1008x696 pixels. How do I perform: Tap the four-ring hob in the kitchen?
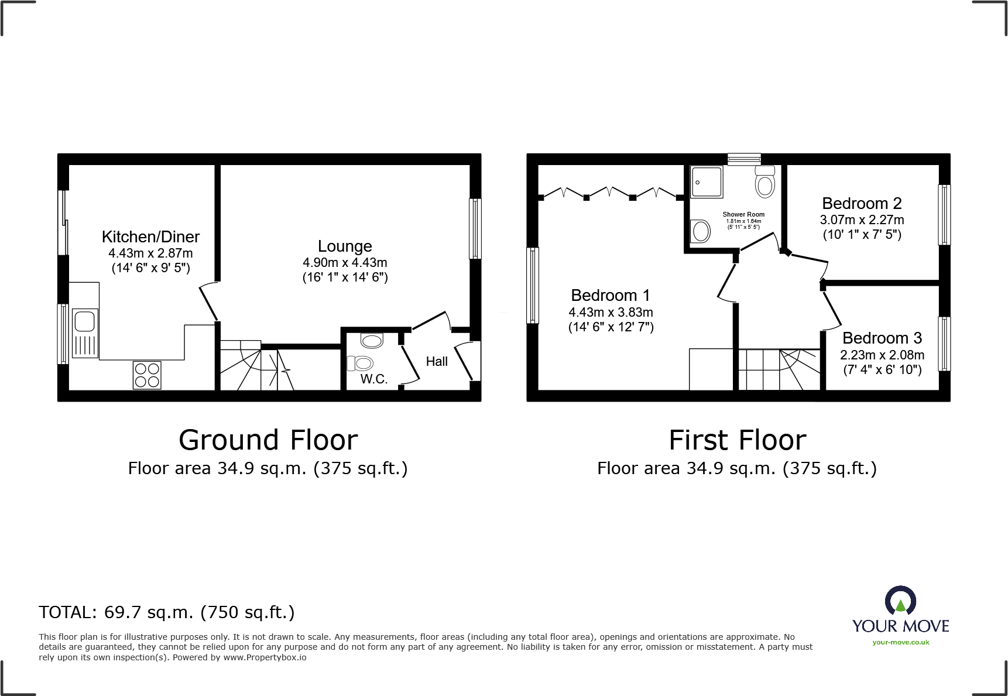click(147, 375)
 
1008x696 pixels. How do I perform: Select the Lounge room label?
click(345, 246)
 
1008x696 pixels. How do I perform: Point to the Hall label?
click(437, 362)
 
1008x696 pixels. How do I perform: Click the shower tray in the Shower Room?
click(707, 182)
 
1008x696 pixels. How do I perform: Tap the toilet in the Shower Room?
click(765, 182)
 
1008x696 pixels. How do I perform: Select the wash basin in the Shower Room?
click(700, 231)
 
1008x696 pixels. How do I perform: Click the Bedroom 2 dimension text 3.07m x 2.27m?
click(862, 220)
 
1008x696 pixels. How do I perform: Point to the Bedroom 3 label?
click(882, 338)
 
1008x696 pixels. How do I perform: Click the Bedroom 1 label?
click(611, 296)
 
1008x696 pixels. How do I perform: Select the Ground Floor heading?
click(268, 440)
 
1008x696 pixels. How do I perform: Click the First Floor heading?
click(737, 440)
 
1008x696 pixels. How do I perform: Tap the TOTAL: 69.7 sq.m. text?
click(167, 612)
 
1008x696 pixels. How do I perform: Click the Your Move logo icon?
click(900, 601)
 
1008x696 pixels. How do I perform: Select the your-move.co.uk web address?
click(900, 642)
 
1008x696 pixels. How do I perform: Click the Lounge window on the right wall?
click(475, 229)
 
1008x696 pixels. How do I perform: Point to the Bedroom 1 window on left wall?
click(533, 285)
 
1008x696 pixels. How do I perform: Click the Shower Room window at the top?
click(744, 159)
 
